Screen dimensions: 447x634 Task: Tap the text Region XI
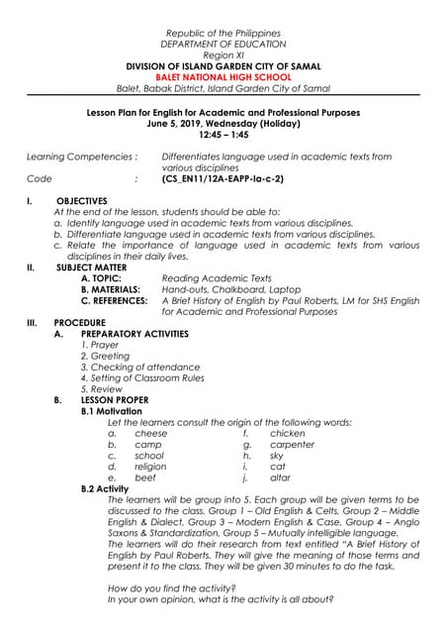[223, 55]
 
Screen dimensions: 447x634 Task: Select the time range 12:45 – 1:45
[223, 134]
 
